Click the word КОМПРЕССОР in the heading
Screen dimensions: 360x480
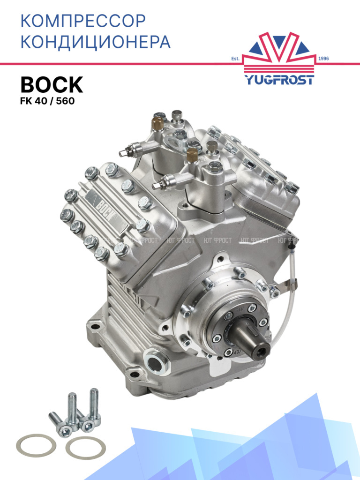tap(83, 21)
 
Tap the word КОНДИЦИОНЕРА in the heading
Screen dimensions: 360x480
tap(96, 42)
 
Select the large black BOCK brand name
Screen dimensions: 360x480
tap(52, 85)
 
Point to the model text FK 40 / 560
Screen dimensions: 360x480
tap(47, 101)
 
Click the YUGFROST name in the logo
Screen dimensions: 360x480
tap(279, 80)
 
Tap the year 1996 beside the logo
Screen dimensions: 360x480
tap(323, 58)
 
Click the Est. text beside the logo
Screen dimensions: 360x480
tap(235, 59)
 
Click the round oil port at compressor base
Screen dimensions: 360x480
tap(156, 363)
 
